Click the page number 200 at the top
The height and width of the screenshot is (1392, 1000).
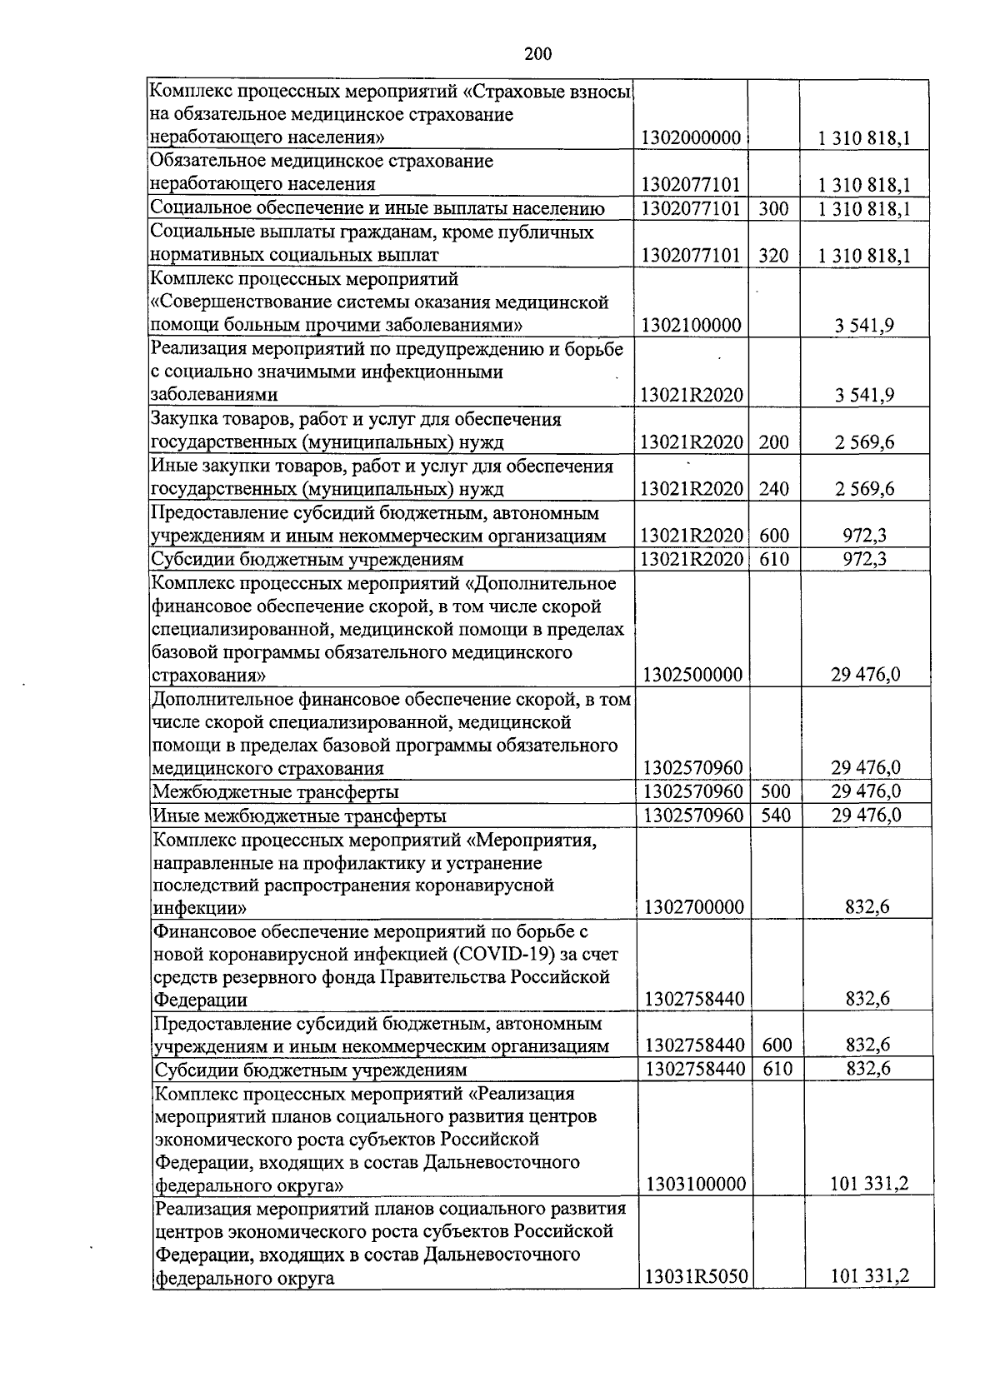[x=538, y=54]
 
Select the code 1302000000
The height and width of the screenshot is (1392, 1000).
[x=691, y=137]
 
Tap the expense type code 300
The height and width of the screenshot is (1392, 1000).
[x=773, y=208]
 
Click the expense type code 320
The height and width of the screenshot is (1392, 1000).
[x=773, y=256]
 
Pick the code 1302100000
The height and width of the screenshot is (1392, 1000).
[x=691, y=325]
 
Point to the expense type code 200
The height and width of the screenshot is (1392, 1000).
[x=773, y=442]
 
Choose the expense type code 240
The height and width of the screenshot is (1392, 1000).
[x=773, y=489]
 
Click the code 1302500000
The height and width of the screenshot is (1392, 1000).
[x=692, y=674]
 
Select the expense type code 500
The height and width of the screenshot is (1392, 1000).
[x=776, y=791]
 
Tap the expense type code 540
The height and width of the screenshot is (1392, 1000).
[x=776, y=815]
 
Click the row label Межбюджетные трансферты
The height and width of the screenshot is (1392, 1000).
[x=275, y=791]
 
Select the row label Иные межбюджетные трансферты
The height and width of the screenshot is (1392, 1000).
[x=298, y=816]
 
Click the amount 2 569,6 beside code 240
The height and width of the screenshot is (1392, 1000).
[x=864, y=489]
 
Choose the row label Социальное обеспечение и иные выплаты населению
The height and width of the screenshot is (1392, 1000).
[x=377, y=208]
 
